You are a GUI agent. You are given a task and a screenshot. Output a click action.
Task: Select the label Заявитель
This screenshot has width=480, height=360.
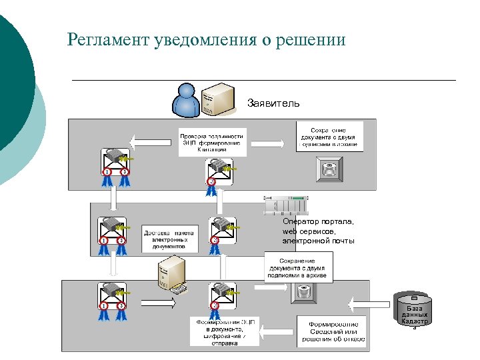273,103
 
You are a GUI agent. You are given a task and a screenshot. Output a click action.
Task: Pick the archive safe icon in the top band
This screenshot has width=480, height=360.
329,169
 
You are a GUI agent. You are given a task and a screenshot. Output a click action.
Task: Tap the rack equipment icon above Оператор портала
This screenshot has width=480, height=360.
287,205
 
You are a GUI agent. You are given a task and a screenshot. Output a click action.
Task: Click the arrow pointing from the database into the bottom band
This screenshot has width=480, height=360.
369,304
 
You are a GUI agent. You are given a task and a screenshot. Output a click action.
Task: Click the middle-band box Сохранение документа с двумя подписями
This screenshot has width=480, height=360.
298,266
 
